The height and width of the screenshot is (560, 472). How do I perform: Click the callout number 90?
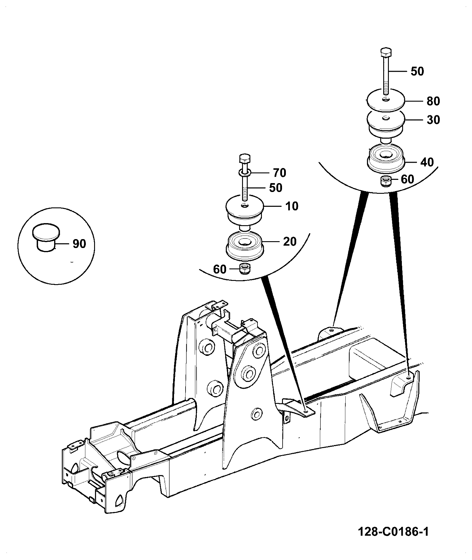coord(79,244)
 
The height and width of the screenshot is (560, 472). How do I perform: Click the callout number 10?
coord(292,206)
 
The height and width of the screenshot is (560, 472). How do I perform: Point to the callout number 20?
coord(290,241)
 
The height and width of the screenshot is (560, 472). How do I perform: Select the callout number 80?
coord(433,101)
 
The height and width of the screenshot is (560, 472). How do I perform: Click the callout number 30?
coord(433,120)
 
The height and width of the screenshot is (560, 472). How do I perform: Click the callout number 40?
coord(427,162)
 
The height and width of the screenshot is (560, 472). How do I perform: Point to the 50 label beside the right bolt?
coord(417,71)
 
